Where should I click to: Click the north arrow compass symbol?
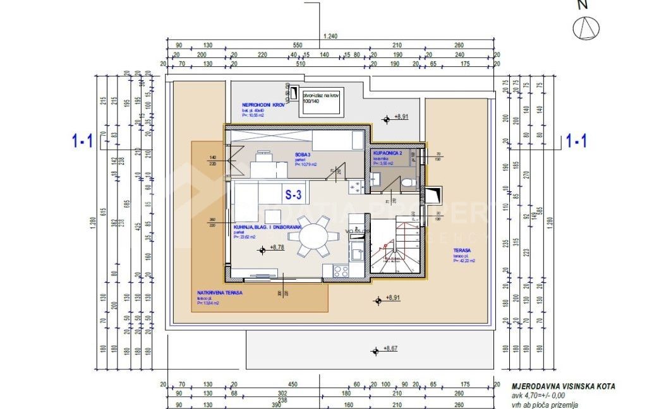tap(586, 28)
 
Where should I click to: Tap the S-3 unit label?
tap(293, 195)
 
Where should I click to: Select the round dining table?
tap(309, 237)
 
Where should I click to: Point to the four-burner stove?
tap(341, 271)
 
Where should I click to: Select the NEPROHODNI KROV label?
tap(262, 105)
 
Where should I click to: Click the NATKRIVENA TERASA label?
tap(220, 293)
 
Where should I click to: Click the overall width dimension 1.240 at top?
tap(330, 37)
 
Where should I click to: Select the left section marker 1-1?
tap(82, 141)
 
